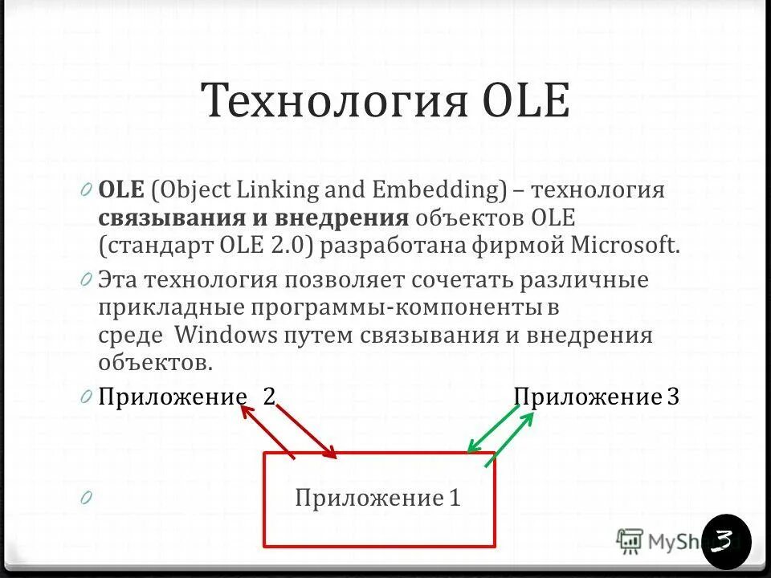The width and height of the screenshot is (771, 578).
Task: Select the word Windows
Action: pos(225,334)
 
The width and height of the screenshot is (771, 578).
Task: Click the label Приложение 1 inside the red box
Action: pos(378,499)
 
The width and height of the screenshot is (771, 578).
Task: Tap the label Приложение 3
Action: pos(596,397)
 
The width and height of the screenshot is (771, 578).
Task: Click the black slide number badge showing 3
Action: pos(726,540)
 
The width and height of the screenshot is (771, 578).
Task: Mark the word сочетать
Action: pos(463,281)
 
